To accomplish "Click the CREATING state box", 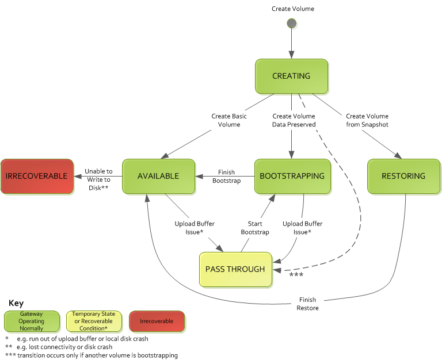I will coord(291,76).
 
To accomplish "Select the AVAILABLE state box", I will coord(158,176).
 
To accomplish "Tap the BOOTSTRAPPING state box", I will coord(292,176).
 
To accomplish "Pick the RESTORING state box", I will coord(403,176).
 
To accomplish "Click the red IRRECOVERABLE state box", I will coord(37,176).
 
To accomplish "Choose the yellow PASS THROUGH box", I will coord(235,269).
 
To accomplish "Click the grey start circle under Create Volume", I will coord(292,24).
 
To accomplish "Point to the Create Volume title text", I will coord(293,9).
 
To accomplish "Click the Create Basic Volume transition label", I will coord(229,120).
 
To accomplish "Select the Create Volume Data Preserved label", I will coord(294,120).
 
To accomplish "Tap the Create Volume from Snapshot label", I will coord(367,120).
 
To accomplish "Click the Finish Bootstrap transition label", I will coord(226,176).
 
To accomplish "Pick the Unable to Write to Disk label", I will coord(98,179).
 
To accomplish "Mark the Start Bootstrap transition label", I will coord(255,228).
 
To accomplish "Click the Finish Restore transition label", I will coord(308,304).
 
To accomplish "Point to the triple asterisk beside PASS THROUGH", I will coord(296,275).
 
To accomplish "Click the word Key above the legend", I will coord(16,302).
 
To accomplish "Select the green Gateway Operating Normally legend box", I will coord(32,321).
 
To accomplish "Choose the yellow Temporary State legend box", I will coord(94,321).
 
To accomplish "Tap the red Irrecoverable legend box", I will coord(157,321).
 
